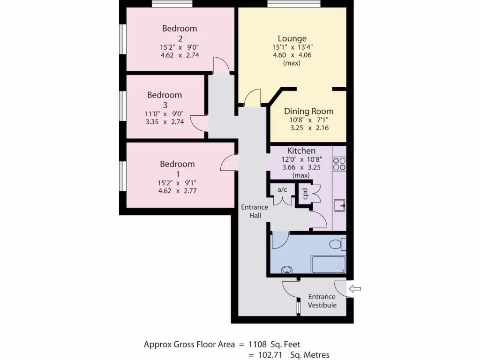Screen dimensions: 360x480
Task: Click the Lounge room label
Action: point(292,38)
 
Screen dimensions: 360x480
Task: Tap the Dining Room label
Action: point(309,111)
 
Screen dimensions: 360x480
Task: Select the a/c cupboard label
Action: point(282,190)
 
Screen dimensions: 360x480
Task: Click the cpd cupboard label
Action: point(304,194)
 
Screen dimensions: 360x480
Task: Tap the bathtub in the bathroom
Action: point(329,265)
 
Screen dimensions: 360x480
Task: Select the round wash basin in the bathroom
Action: point(286,270)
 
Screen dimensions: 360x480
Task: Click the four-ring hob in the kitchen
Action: point(339,163)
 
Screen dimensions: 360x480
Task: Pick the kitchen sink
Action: point(339,205)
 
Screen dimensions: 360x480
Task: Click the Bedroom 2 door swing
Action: point(220,66)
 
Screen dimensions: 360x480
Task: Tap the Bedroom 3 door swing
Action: point(198,123)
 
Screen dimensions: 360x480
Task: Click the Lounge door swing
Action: point(252,97)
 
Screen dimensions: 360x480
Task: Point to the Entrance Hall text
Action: point(255,211)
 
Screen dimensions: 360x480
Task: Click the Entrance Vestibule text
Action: point(322,301)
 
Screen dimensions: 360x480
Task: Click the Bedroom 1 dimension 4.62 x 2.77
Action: point(177,191)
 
